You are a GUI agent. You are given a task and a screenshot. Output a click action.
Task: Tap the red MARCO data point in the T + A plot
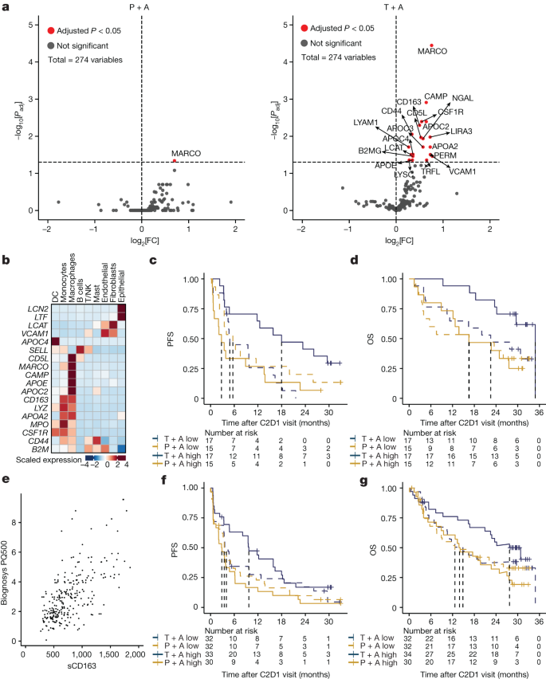[431, 45]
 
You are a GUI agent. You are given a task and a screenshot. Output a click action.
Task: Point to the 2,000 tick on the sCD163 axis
[133, 654]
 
